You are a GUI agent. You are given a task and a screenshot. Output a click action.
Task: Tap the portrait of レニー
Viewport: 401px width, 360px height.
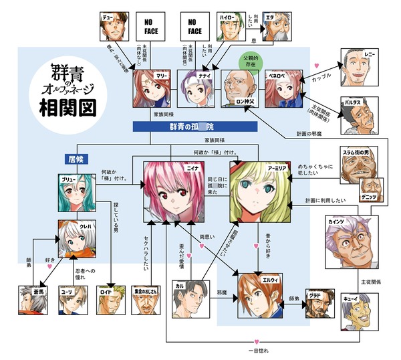click(360, 66)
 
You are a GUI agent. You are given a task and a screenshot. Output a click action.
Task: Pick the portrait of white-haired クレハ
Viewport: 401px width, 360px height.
click(78, 239)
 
